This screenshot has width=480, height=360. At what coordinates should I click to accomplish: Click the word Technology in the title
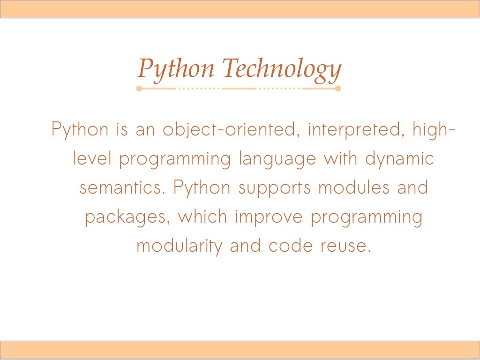click(x=281, y=69)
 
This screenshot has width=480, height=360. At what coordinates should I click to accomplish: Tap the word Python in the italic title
click(x=176, y=69)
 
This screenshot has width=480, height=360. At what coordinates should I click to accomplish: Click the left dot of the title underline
click(x=139, y=88)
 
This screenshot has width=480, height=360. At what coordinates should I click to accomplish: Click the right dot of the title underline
click(x=338, y=88)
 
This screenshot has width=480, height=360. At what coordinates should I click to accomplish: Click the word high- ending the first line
click(x=434, y=129)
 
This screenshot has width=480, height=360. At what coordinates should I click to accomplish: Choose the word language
click(x=277, y=159)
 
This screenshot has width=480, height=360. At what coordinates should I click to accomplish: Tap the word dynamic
click(x=399, y=159)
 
